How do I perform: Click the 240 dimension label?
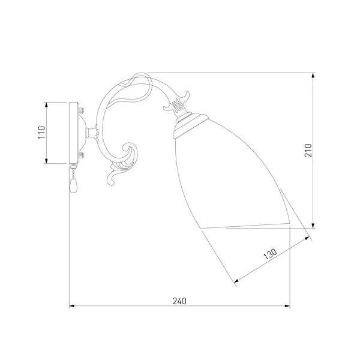(x=179, y=301)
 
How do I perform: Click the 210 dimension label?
(x=308, y=151)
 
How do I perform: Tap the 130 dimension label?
(x=270, y=254)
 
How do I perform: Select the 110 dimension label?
(x=41, y=132)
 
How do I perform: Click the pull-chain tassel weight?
(x=73, y=185)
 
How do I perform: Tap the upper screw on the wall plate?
(x=81, y=110)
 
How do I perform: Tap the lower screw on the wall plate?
(x=81, y=155)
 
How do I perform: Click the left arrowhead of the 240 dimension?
(x=72, y=306)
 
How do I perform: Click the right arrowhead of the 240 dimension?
(x=287, y=306)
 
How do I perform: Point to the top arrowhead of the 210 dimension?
(x=313, y=76)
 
